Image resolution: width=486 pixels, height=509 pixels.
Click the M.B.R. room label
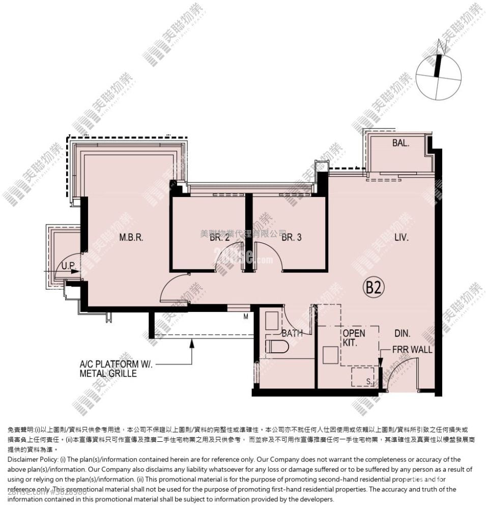(x=131, y=237)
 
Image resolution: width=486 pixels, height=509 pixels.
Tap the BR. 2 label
(x=220, y=237)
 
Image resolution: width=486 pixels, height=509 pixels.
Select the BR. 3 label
(x=292, y=237)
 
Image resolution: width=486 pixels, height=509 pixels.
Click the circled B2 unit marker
(x=373, y=288)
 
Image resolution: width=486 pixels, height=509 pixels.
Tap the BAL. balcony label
(x=401, y=144)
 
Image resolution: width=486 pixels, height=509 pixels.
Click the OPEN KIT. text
(x=354, y=338)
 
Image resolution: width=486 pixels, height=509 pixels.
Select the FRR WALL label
(x=412, y=350)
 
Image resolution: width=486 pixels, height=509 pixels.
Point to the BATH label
(x=292, y=333)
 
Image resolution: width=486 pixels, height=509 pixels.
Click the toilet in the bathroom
(x=277, y=347)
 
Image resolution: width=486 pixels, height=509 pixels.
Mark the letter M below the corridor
(x=245, y=317)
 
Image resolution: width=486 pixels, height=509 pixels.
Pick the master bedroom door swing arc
(x=173, y=288)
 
